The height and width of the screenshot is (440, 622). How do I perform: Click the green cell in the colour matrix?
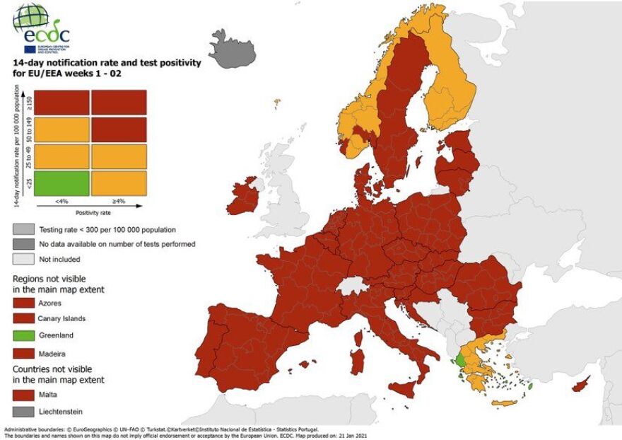point(61,183)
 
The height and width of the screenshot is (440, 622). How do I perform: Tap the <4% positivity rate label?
point(61,202)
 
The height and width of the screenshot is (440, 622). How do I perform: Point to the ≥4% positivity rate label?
point(118,202)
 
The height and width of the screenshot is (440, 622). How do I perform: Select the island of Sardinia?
point(358,357)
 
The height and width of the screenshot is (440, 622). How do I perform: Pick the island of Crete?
point(505,403)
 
